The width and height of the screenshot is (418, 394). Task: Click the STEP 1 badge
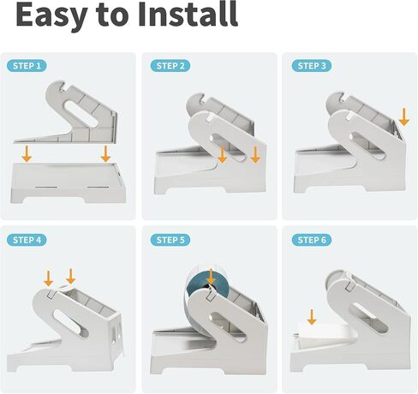(27, 66)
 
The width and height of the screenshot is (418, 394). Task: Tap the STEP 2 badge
(170, 66)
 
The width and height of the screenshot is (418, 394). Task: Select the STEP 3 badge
(312, 66)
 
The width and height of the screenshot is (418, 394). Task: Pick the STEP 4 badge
(27, 240)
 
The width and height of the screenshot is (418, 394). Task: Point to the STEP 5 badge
(170, 240)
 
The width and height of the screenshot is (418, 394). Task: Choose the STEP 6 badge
(312, 240)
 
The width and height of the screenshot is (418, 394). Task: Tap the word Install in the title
(188, 14)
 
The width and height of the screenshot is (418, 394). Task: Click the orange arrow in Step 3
(403, 116)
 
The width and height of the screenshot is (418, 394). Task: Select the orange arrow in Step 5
(211, 277)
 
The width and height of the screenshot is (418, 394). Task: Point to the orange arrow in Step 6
(312, 317)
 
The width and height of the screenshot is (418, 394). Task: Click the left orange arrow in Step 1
(27, 153)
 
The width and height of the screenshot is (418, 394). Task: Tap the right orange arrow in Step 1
(105, 153)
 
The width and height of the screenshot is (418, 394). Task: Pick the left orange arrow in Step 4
(48, 278)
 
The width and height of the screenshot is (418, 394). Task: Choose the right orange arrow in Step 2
(255, 154)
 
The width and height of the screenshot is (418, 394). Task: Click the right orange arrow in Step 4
(70, 276)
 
